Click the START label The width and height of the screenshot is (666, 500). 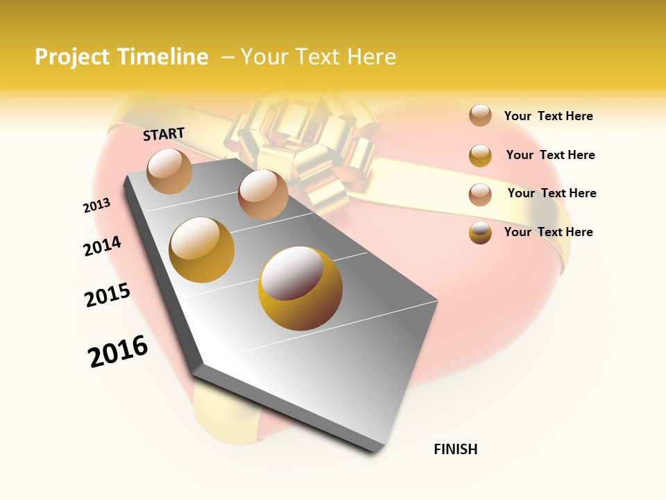tap(164, 134)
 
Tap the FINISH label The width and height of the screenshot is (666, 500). tap(456, 449)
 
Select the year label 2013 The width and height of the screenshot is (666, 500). tap(96, 206)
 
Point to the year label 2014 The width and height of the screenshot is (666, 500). tap(102, 246)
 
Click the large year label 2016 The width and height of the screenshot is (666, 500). tap(118, 351)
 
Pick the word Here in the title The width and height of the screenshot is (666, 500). tap(371, 57)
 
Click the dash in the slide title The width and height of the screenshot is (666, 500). tap(227, 57)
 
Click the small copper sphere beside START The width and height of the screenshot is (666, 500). tap(170, 171)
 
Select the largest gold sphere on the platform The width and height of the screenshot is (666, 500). tap(300, 288)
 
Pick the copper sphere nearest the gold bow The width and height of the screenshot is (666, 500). tap(263, 194)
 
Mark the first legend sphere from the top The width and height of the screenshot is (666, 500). tap(480, 116)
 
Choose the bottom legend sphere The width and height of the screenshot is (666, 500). tap(480, 233)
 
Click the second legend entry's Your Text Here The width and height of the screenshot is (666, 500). tap(550, 155)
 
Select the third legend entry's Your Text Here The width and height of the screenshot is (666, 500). tap(552, 193)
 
